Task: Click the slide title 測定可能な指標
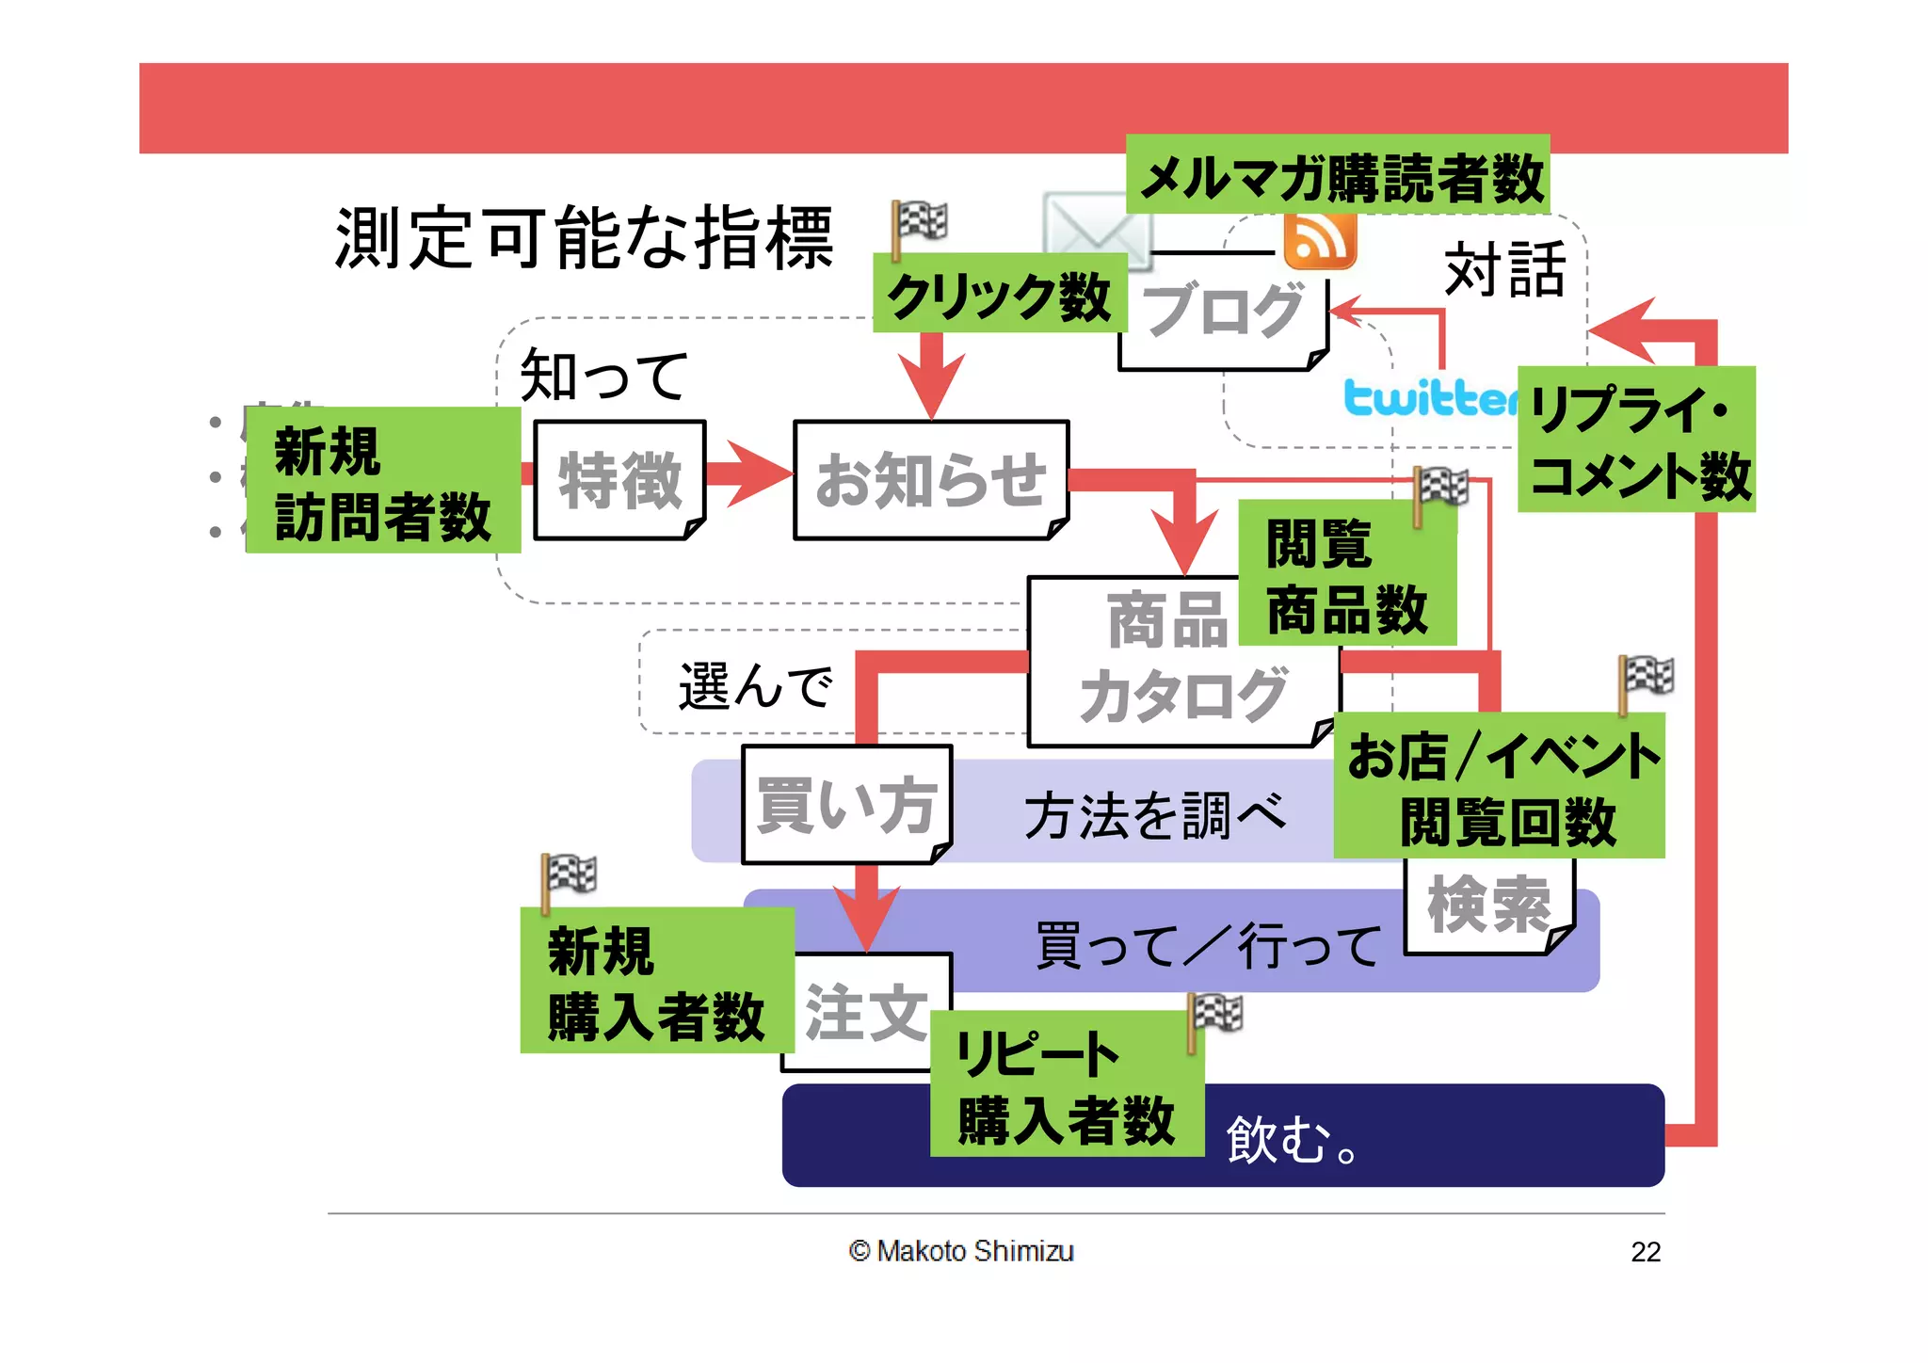point(584,239)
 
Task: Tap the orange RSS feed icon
point(1320,240)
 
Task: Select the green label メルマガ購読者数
point(1338,176)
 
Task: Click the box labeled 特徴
point(619,480)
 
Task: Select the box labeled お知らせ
point(930,480)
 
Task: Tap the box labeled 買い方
point(845,806)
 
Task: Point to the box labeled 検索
point(1487,908)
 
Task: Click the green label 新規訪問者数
point(382,481)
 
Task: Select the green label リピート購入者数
point(1066,1084)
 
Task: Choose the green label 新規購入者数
point(656,981)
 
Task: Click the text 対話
point(1504,270)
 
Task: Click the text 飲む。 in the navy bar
point(1291,1140)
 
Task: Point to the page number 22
point(1645,1252)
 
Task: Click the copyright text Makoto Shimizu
point(961,1251)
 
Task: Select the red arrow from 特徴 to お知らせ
point(749,473)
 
